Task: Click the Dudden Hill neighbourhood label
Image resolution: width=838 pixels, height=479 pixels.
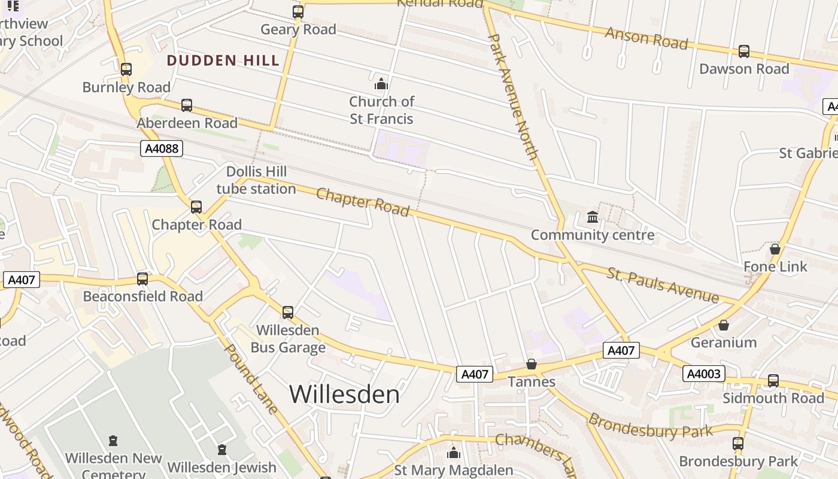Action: pyautogui.click(x=223, y=60)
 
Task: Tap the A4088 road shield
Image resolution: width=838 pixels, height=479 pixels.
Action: pyautogui.click(x=162, y=148)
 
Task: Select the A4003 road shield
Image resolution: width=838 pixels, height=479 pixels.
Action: pyautogui.click(x=704, y=374)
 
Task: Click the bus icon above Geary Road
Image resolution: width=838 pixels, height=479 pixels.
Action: pyautogui.click(x=298, y=12)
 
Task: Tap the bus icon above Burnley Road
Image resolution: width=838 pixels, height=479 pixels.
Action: pyautogui.click(x=126, y=69)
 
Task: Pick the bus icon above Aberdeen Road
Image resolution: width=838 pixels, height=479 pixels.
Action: pyautogui.click(x=187, y=105)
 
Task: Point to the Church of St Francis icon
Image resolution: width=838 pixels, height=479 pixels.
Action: pyautogui.click(x=381, y=83)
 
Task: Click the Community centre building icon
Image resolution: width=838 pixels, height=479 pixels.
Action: pyautogui.click(x=593, y=217)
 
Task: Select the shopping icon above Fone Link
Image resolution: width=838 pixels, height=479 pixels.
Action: pyautogui.click(x=775, y=248)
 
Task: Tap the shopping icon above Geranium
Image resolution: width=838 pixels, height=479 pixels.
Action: pyautogui.click(x=724, y=325)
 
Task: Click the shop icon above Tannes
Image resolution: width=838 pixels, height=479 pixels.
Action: pyautogui.click(x=531, y=364)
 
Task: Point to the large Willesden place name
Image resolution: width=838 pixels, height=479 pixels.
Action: pyautogui.click(x=344, y=394)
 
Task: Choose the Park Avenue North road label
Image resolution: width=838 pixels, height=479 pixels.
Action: pyautogui.click(x=513, y=96)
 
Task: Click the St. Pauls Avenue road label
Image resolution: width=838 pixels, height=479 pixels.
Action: pyautogui.click(x=663, y=285)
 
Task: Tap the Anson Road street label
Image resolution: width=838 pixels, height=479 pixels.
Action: pyautogui.click(x=646, y=37)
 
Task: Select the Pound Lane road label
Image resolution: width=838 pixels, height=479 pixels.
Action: pyautogui.click(x=251, y=378)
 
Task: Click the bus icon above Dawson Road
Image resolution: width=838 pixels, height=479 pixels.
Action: pyautogui.click(x=744, y=51)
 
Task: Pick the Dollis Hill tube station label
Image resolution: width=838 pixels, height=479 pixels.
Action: pyautogui.click(x=256, y=180)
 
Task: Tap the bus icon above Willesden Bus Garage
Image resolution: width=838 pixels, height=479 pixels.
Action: pyautogui.click(x=288, y=313)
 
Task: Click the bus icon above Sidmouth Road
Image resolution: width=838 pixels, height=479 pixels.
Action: pyautogui.click(x=773, y=381)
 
